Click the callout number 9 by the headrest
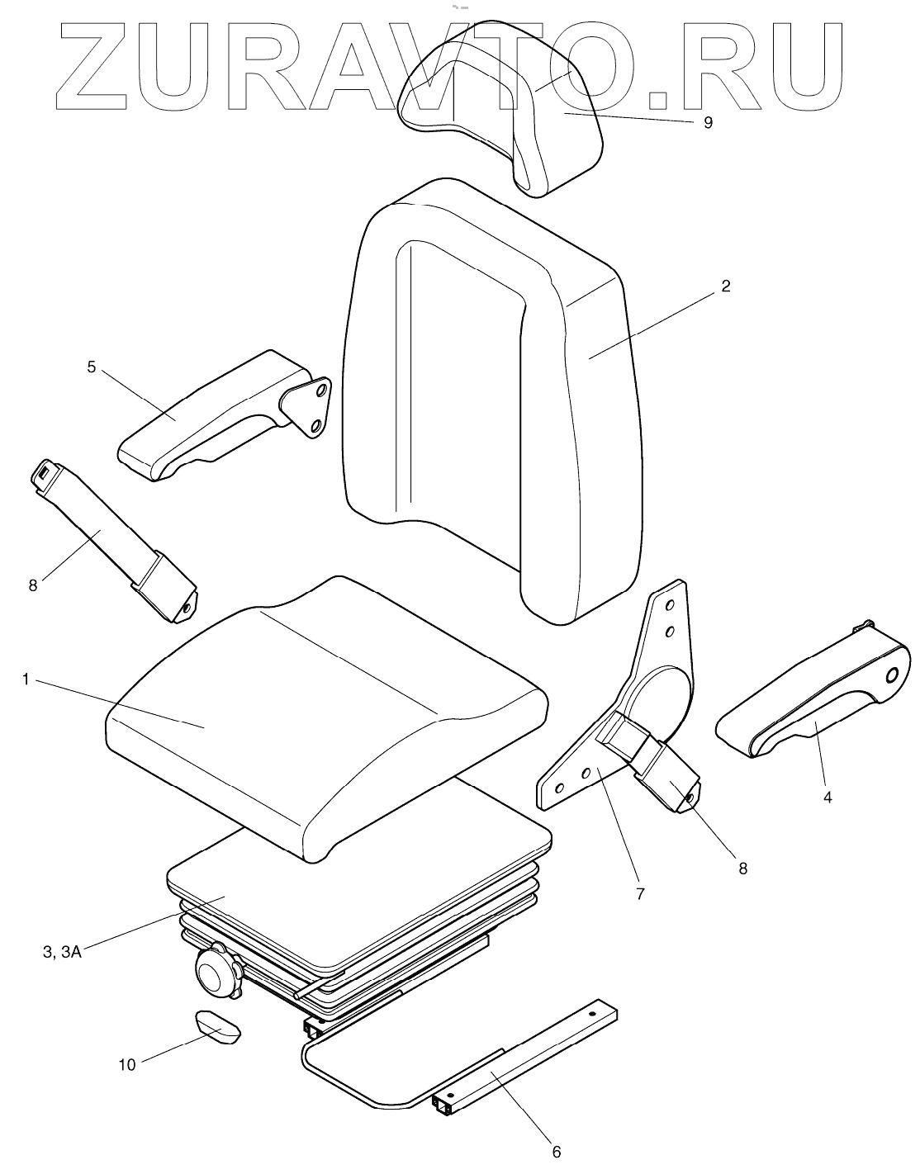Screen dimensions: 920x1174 tap(708, 122)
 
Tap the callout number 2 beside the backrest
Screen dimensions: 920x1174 tap(725, 286)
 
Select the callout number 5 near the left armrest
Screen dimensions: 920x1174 tap(92, 366)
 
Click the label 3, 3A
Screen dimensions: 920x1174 tap(61, 952)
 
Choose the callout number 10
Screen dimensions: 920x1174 tap(126, 1065)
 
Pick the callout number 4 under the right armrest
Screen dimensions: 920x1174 tap(828, 798)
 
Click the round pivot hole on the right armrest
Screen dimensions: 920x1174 tap(893, 675)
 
